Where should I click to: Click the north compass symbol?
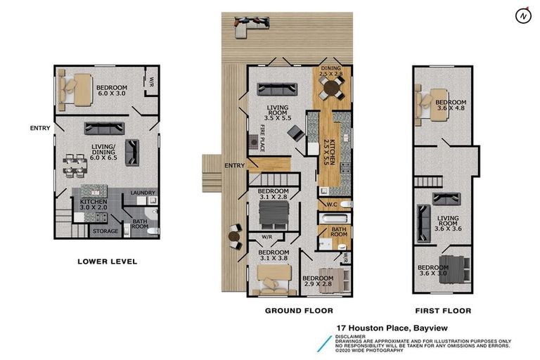(521, 15)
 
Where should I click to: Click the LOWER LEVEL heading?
(107, 262)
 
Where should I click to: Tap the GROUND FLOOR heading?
(299, 310)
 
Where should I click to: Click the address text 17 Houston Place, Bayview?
(392, 328)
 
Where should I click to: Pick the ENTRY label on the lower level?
(39, 128)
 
